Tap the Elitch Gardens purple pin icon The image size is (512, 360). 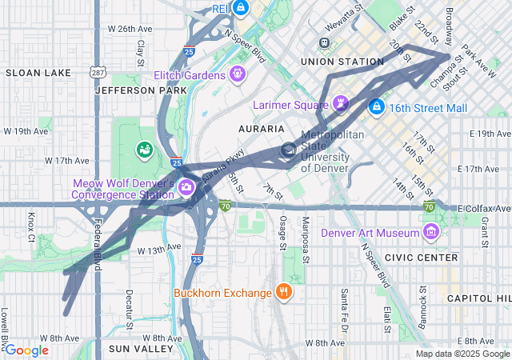(x=237, y=75)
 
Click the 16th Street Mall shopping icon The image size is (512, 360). (x=377, y=105)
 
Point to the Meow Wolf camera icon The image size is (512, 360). (x=186, y=187)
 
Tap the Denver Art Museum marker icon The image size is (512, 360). (x=432, y=232)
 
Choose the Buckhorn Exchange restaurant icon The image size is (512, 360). (x=283, y=292)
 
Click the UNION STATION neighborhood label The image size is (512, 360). (x=342, y=62)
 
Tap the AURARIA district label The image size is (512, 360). (x=261, y=128)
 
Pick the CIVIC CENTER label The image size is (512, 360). (x=421, y=258)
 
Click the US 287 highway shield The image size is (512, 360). (x=96, y=72)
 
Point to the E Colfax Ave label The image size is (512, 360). (x=484, y=208)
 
